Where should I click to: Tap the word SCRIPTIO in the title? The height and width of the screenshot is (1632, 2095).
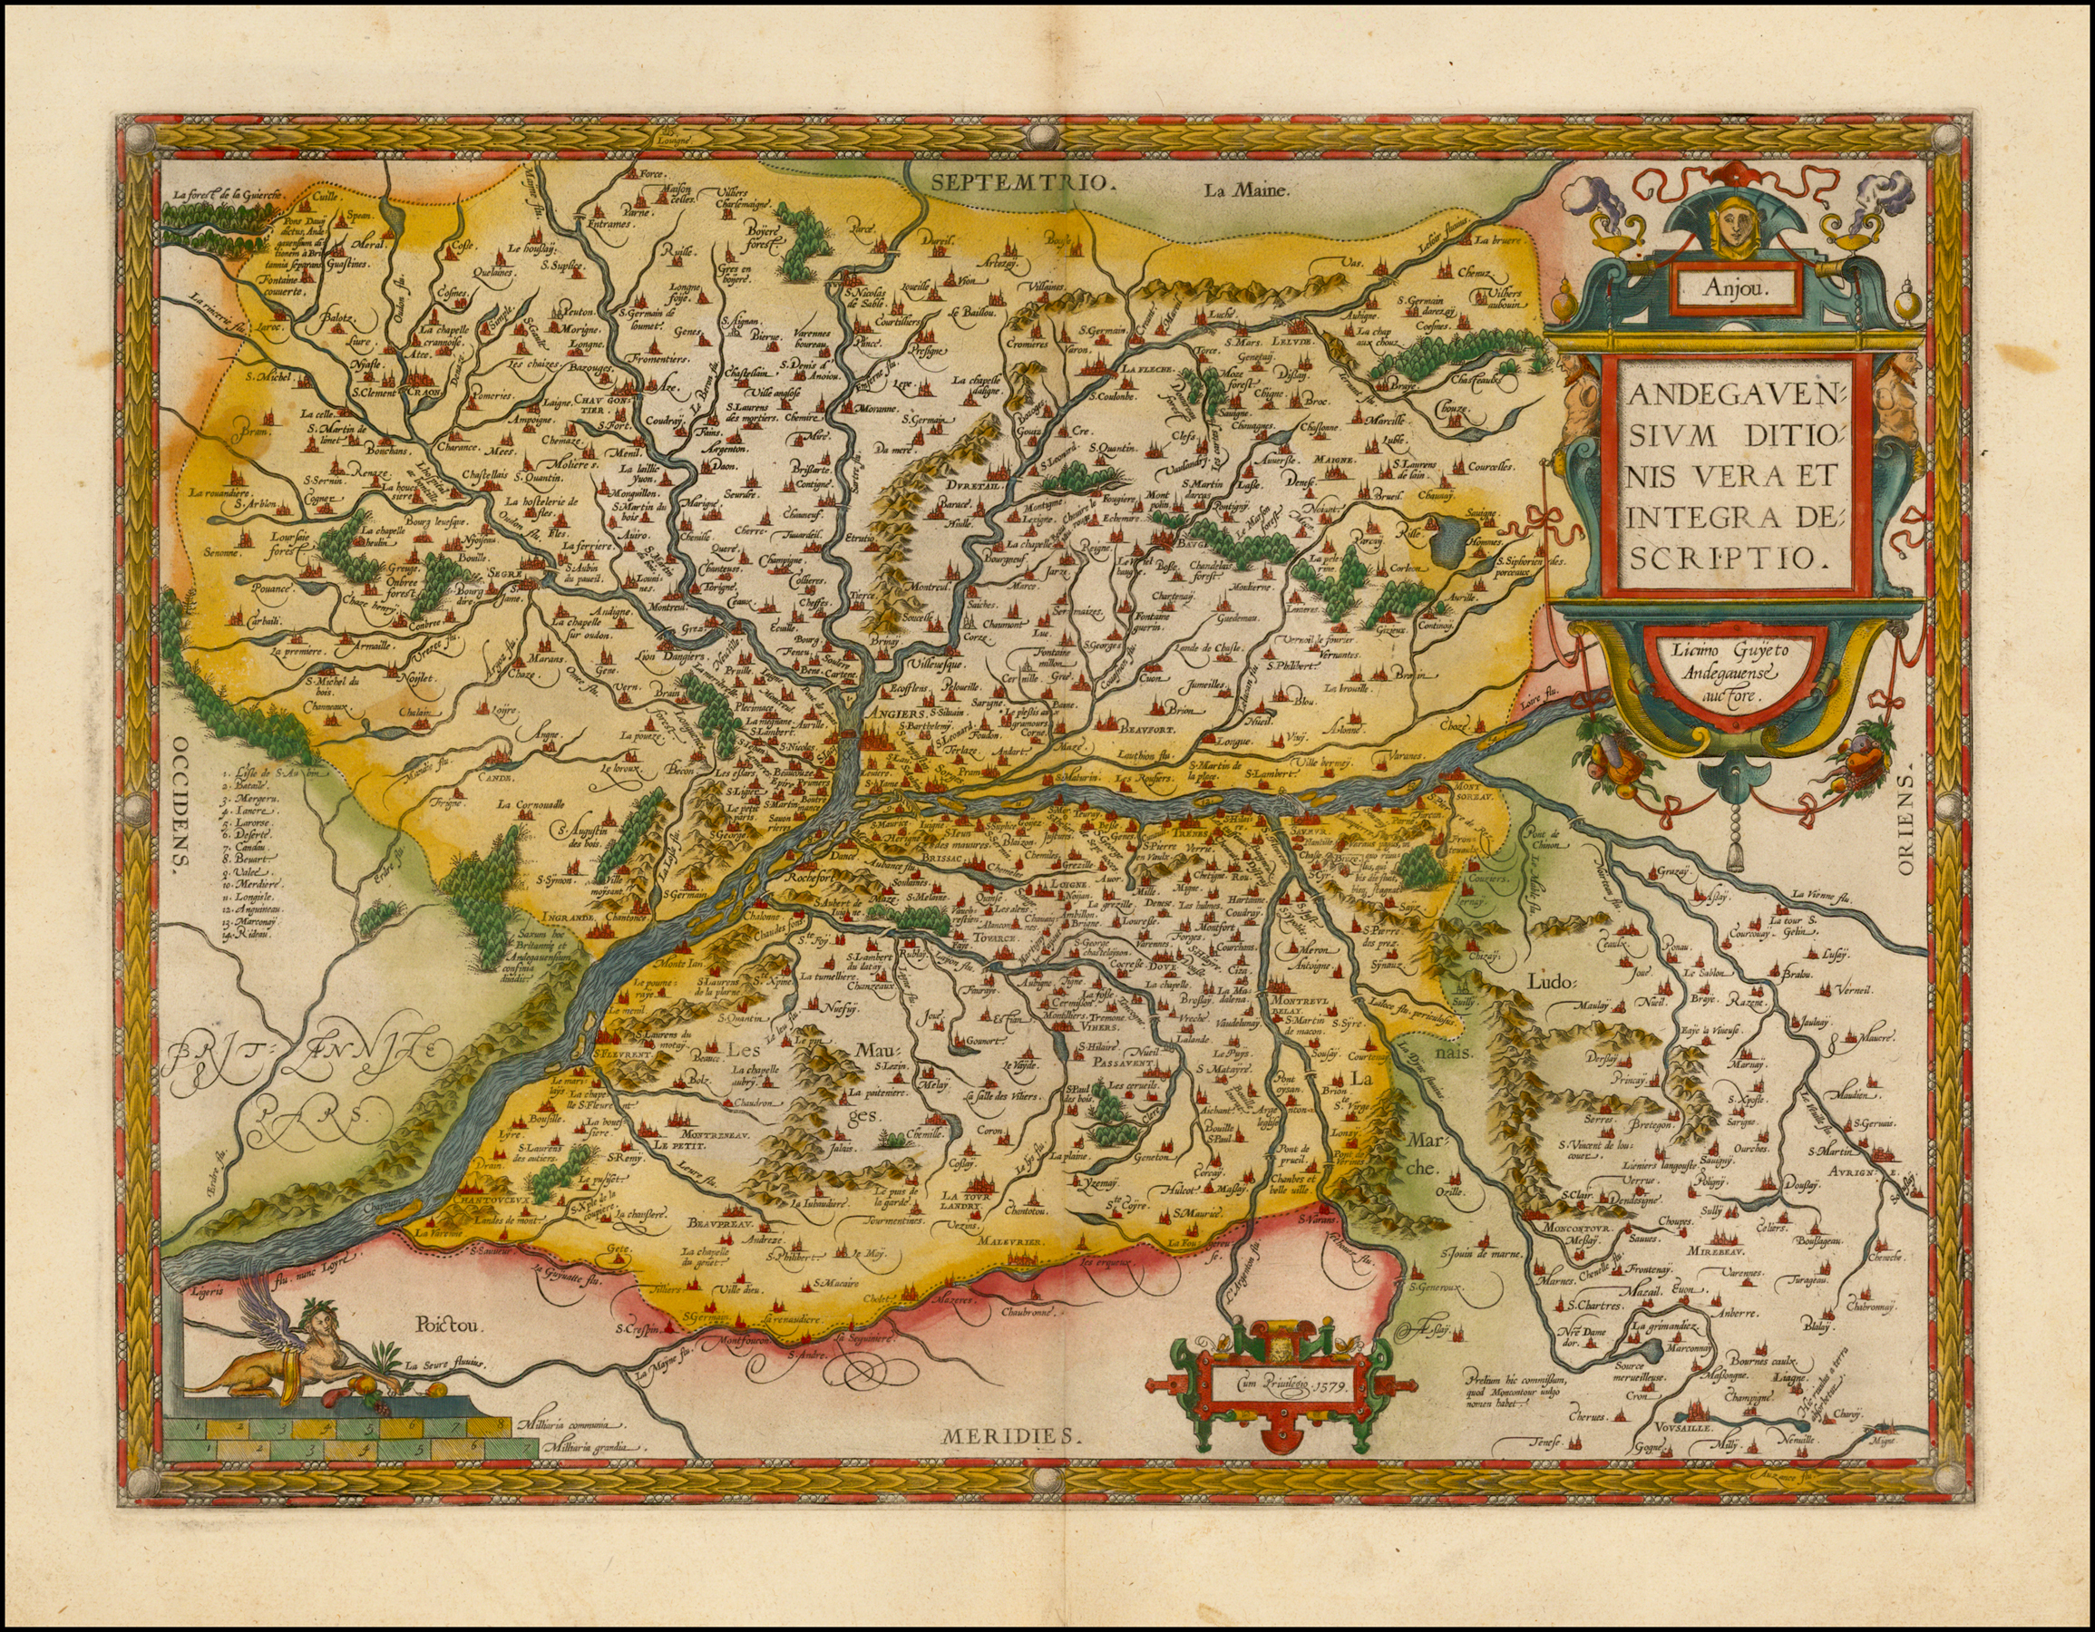(1710, 559)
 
